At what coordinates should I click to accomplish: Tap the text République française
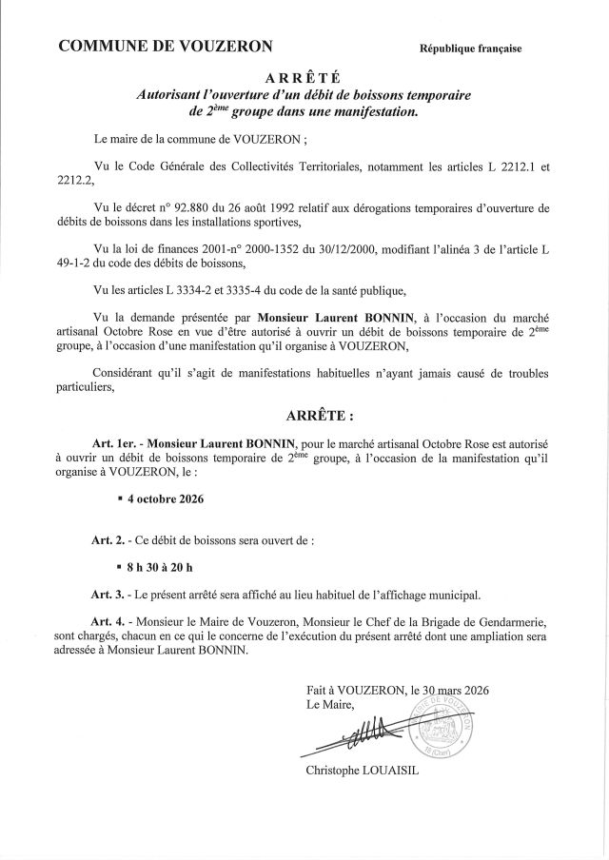coord(470,49)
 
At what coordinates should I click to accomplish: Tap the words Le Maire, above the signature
coord(329,705)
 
